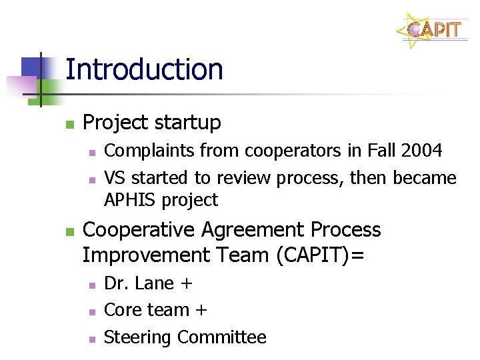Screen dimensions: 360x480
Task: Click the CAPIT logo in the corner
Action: click(x=434, y=30)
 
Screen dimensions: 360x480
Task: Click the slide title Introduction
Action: click(x=144, y=69)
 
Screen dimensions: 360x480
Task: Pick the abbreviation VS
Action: click(x=114, y=178)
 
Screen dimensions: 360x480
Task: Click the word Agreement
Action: click(x=251, y=230)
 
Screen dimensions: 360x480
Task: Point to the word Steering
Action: click(x=138, y=338)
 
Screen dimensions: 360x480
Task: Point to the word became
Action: click(x=425, y=178)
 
